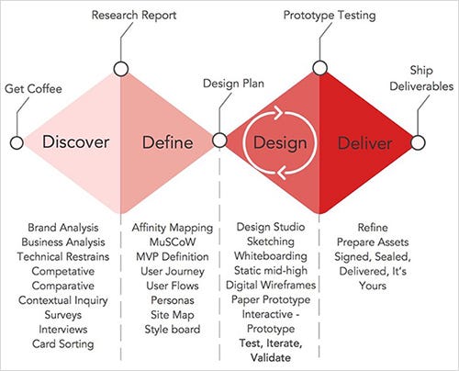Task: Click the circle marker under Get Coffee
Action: pyautogui.click(x=17, y=142)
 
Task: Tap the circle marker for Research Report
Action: pyautogui.click(x=120, y=69)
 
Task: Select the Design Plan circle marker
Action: pyautogui.click(x=219, y=141)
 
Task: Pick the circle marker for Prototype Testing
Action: pyautogui.click(x=320, y=68)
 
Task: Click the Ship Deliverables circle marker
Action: pyautogui.click(x=418, y=142)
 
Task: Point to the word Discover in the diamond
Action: pyautogui.click(x=75, y=142)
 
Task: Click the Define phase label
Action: pyautogui.click(x=168, y=142)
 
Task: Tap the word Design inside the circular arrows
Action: pyautogui.click(x=280, y=143)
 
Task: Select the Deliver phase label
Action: pyautogui.click(x=364, y=143)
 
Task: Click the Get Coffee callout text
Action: pyautogui.click(x=33, y=89)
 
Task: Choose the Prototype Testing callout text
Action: pyautogui.click(x=330, y=16)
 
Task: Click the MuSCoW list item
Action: pyautogui.click(x=173, y=242)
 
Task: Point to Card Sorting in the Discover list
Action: pyautogui.click(x=63, y=344)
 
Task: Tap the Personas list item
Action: pyautogui.click(x=173, y=300)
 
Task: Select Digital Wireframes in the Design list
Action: pyautogui.click(x=271, y=285)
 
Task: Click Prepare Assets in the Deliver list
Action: pyautogui.click(x=373, y=242)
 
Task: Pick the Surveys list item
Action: pyautogui.click(x=63, y=315)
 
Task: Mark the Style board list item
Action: pyautogui.click(x=173, y=330)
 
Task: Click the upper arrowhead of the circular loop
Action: pyautogui.click(x=279, y=112)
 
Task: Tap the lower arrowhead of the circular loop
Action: pyautogui.click(x=282, y=173)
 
